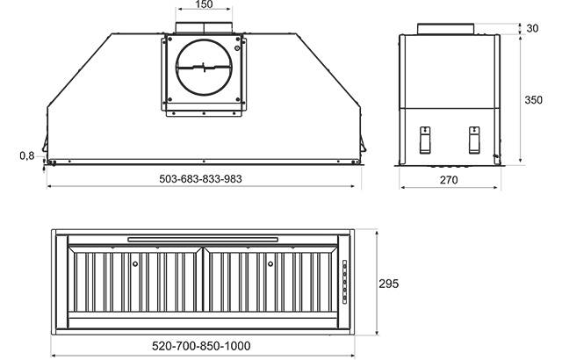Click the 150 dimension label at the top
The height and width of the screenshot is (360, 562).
tap(204, 4)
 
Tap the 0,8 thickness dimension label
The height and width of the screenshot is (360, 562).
tap(27, 155)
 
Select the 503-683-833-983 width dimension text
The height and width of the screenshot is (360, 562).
tap(200, 178)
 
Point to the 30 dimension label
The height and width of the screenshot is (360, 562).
tap(533, 28)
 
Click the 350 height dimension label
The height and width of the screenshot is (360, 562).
tap(533, 99)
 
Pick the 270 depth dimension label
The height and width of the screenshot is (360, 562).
tap(449, 179)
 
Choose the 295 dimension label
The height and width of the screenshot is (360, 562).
tap(388, 284)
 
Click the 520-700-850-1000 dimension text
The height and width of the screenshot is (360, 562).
tap(201, 346)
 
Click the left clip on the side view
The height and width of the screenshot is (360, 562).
tap(425, 140)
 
